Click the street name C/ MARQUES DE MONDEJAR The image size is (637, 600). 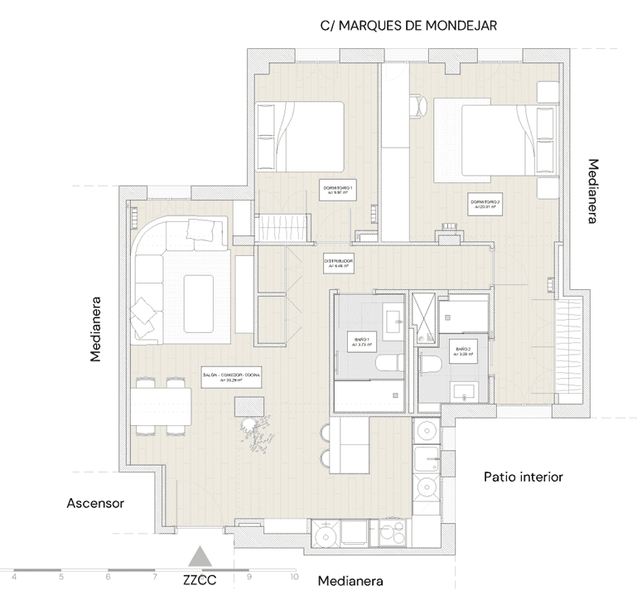(x=408, y=26)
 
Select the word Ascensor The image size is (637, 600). (x=95, y=503)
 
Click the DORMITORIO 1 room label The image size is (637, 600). (x=338, y=191)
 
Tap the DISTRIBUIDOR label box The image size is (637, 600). (x=339, y=264)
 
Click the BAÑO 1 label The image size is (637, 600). (x=360, y=344)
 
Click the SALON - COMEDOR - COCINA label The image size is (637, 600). (x=231, y=379)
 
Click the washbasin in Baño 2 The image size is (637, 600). (x=461, y=390)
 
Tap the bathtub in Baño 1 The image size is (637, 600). (x=370, y=397)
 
